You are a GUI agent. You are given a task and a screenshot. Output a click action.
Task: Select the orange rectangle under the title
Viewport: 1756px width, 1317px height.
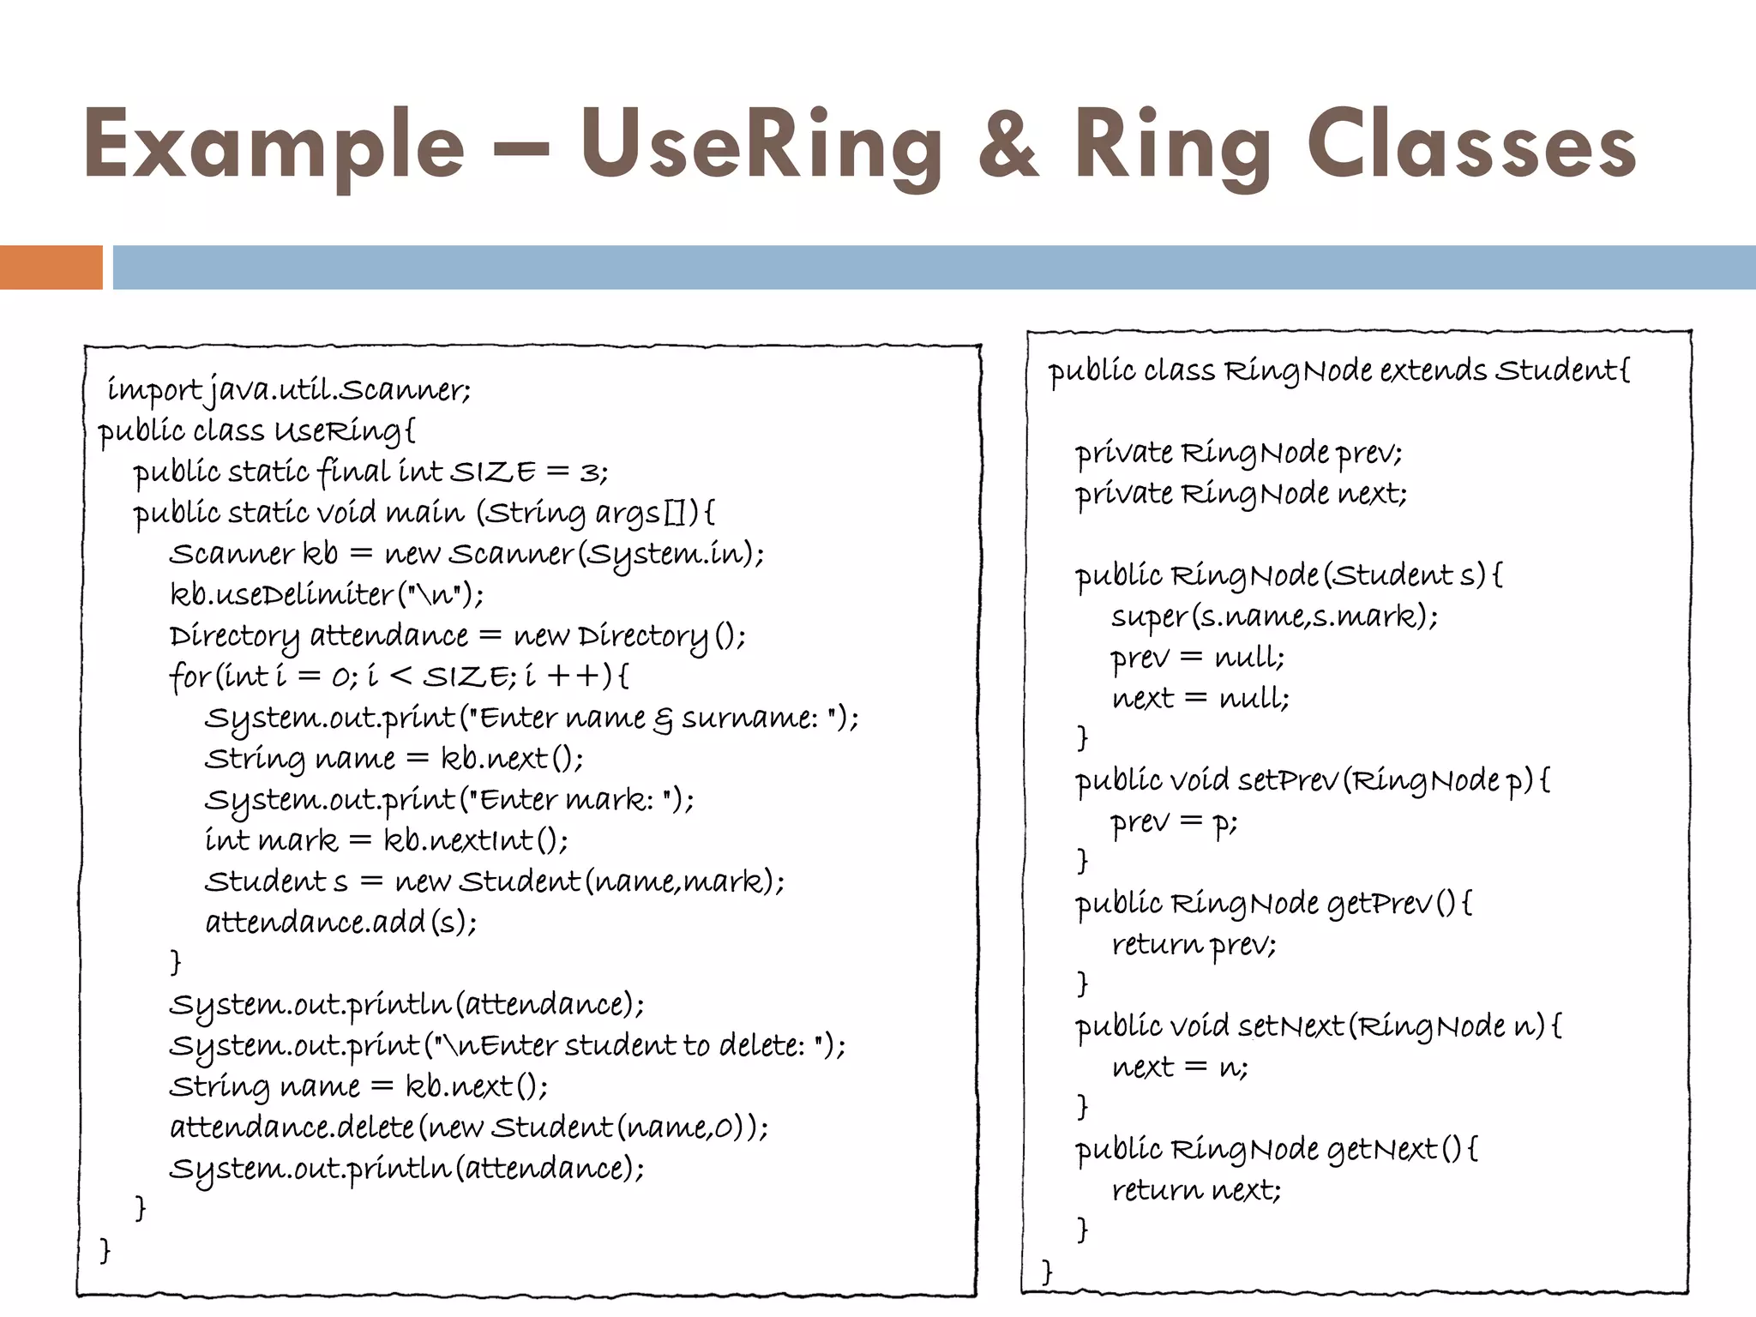coord(51,268)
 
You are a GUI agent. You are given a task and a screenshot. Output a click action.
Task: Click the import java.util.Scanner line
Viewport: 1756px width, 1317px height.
coord(289,390)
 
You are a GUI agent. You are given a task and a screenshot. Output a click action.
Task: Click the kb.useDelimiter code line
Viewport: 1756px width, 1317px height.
coord(327,594)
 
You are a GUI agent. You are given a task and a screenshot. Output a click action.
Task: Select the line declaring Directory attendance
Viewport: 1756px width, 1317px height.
coord(457,635)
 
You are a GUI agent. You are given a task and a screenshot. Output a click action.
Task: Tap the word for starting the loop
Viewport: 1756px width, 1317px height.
coord(189,677)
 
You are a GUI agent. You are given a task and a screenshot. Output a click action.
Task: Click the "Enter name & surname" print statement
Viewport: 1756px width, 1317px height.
coord(532,717)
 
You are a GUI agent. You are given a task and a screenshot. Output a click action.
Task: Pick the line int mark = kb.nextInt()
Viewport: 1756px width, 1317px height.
coord(386,840)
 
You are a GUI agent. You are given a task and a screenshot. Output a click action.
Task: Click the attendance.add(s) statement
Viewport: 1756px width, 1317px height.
coord(340,923)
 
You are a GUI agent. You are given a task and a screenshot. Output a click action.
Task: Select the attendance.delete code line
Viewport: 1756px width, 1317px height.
coord(469,1127)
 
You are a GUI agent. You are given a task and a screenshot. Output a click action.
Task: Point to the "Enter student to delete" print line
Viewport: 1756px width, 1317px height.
coord(507,1045)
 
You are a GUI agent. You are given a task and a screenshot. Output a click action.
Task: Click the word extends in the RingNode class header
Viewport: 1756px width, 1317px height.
coord(1433,370)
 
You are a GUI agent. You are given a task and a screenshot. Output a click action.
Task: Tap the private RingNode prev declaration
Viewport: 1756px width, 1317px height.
coord(1238,452)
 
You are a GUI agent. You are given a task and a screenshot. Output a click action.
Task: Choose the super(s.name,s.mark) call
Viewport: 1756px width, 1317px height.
coord(1274,616)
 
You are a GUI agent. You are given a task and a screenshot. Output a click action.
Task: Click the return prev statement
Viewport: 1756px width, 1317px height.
coord(1194,944)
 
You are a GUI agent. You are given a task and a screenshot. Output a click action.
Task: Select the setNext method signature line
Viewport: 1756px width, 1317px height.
coord(1318,1026)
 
